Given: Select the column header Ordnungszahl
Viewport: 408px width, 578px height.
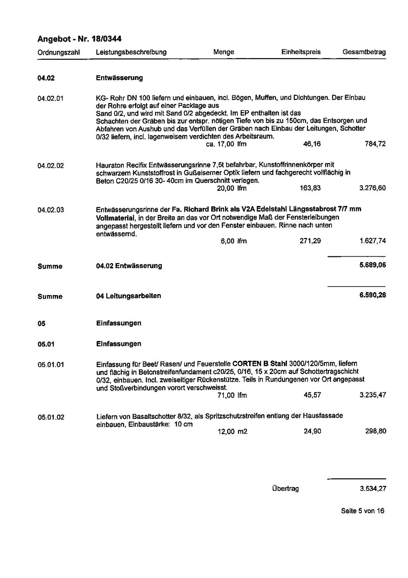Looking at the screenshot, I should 58,52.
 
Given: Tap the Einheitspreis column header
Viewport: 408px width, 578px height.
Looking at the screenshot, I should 301,52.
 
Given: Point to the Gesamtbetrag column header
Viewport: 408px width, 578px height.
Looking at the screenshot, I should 364,52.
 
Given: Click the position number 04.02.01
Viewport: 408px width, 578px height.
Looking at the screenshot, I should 50,99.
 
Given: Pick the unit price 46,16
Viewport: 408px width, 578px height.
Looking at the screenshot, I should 311,144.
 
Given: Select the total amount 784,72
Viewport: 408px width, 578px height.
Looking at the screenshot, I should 375,144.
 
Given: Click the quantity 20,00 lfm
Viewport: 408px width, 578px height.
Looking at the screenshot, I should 232,188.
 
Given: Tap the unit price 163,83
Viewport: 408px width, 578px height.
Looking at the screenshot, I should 310,188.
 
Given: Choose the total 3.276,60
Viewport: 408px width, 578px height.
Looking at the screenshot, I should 372,188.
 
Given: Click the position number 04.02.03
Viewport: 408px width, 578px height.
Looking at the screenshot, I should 51,210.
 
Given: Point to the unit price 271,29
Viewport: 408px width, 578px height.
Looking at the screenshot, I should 310,241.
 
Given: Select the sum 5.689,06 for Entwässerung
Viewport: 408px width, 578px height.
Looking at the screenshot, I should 372,265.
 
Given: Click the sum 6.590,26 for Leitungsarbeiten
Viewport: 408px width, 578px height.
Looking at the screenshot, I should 372,295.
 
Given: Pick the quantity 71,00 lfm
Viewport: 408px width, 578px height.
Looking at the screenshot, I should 232,395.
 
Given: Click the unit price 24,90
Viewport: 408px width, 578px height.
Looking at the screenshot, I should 312,431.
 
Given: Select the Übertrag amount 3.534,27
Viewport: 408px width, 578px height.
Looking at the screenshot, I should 373,489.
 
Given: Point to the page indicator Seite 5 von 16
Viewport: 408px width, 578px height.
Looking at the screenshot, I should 362,511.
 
